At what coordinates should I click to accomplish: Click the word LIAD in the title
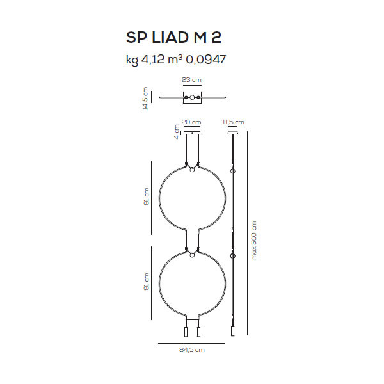click(170, 38)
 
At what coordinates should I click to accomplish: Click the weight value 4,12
click(153, 60)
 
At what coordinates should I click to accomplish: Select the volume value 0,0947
click(205, 60)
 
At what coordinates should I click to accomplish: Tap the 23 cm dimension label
click(191, 80)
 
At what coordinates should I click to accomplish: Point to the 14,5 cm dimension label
click(145, 98)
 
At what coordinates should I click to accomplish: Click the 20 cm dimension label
click(191, 122)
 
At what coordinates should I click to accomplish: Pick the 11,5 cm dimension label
click(233, 122)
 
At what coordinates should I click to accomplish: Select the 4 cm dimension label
click(177, 132)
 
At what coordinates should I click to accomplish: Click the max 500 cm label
click(254, 241)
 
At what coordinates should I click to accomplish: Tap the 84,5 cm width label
click(192, 350)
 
